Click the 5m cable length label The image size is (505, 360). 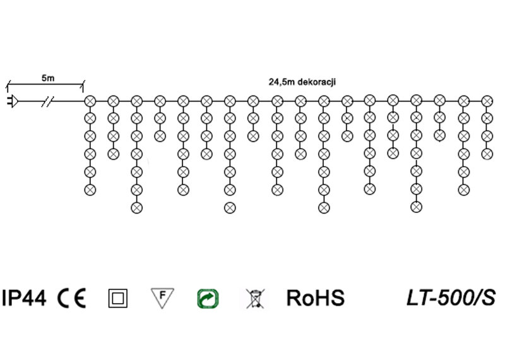click(48, 78)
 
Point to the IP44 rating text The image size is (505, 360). click(24, 297)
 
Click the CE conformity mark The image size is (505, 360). click(72, 297)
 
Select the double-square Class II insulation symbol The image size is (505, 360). click(118, 298)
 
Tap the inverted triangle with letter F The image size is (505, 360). click(162, 297)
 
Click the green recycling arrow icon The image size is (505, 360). click(207, 298)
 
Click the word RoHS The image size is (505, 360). click(316, 297)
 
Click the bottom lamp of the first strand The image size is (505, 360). click(90, 189)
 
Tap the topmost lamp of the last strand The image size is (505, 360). click(487, 100)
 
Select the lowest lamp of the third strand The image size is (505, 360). click(136, 207)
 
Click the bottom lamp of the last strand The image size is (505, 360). click(487, 153)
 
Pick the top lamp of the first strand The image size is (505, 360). click(90, 100)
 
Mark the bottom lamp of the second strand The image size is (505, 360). click(113, 153)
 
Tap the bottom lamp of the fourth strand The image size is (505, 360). click(160, 136)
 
